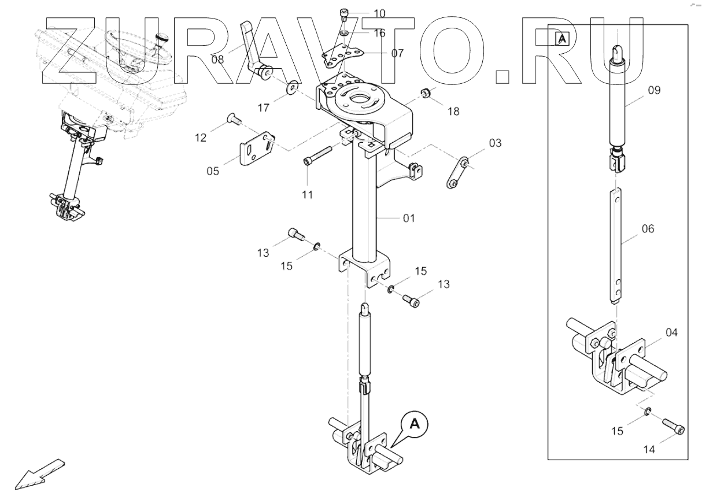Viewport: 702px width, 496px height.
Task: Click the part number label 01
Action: pos(409,218)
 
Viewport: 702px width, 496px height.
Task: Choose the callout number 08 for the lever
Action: pos(217,58)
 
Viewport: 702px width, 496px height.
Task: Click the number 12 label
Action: pos(200,137)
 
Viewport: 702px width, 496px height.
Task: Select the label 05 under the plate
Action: pos(213,171)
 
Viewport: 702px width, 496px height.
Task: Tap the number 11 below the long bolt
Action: pos(307,195)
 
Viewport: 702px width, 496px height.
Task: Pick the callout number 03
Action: pos(496,143)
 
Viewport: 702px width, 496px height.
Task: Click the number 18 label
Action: pos(453,112)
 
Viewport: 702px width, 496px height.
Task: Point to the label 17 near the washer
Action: pos(264,107)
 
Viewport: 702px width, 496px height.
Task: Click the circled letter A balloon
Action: pos(414,424)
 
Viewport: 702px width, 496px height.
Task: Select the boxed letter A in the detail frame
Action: pos(561,39)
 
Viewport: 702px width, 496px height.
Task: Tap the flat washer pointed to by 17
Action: pos(291,88)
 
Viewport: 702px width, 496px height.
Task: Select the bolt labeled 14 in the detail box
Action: pos(674,428)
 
